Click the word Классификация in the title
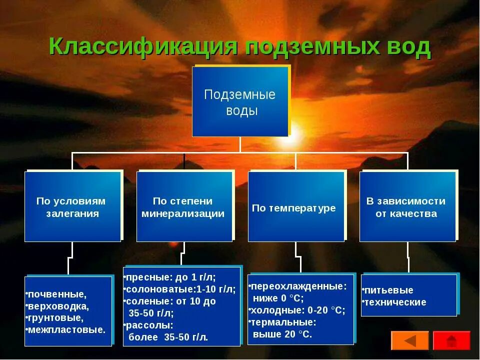coord(142,46)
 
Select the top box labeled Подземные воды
coord(240,102)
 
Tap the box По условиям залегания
coord(72,207)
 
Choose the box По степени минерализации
coord(184,207)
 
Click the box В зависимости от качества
coord(407,207)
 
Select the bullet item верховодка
coord(58,306)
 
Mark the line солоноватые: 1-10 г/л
coord(180,289)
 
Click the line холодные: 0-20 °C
coord(298,310)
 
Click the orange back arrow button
coord(409,340)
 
